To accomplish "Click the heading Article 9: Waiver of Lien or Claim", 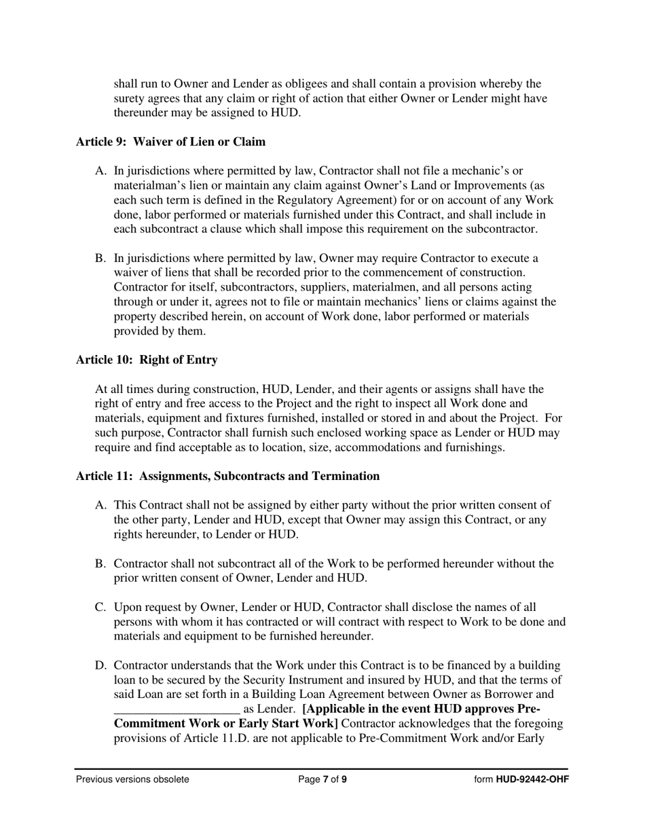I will click(170, 142).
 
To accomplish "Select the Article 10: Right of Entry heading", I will click(147, 360).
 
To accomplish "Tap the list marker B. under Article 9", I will click(101, 258).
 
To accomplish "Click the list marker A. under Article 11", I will click(101, 505).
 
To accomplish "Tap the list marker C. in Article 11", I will click(101, 607).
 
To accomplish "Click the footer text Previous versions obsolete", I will click(132, 779).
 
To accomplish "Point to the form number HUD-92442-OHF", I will click(532, 779).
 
